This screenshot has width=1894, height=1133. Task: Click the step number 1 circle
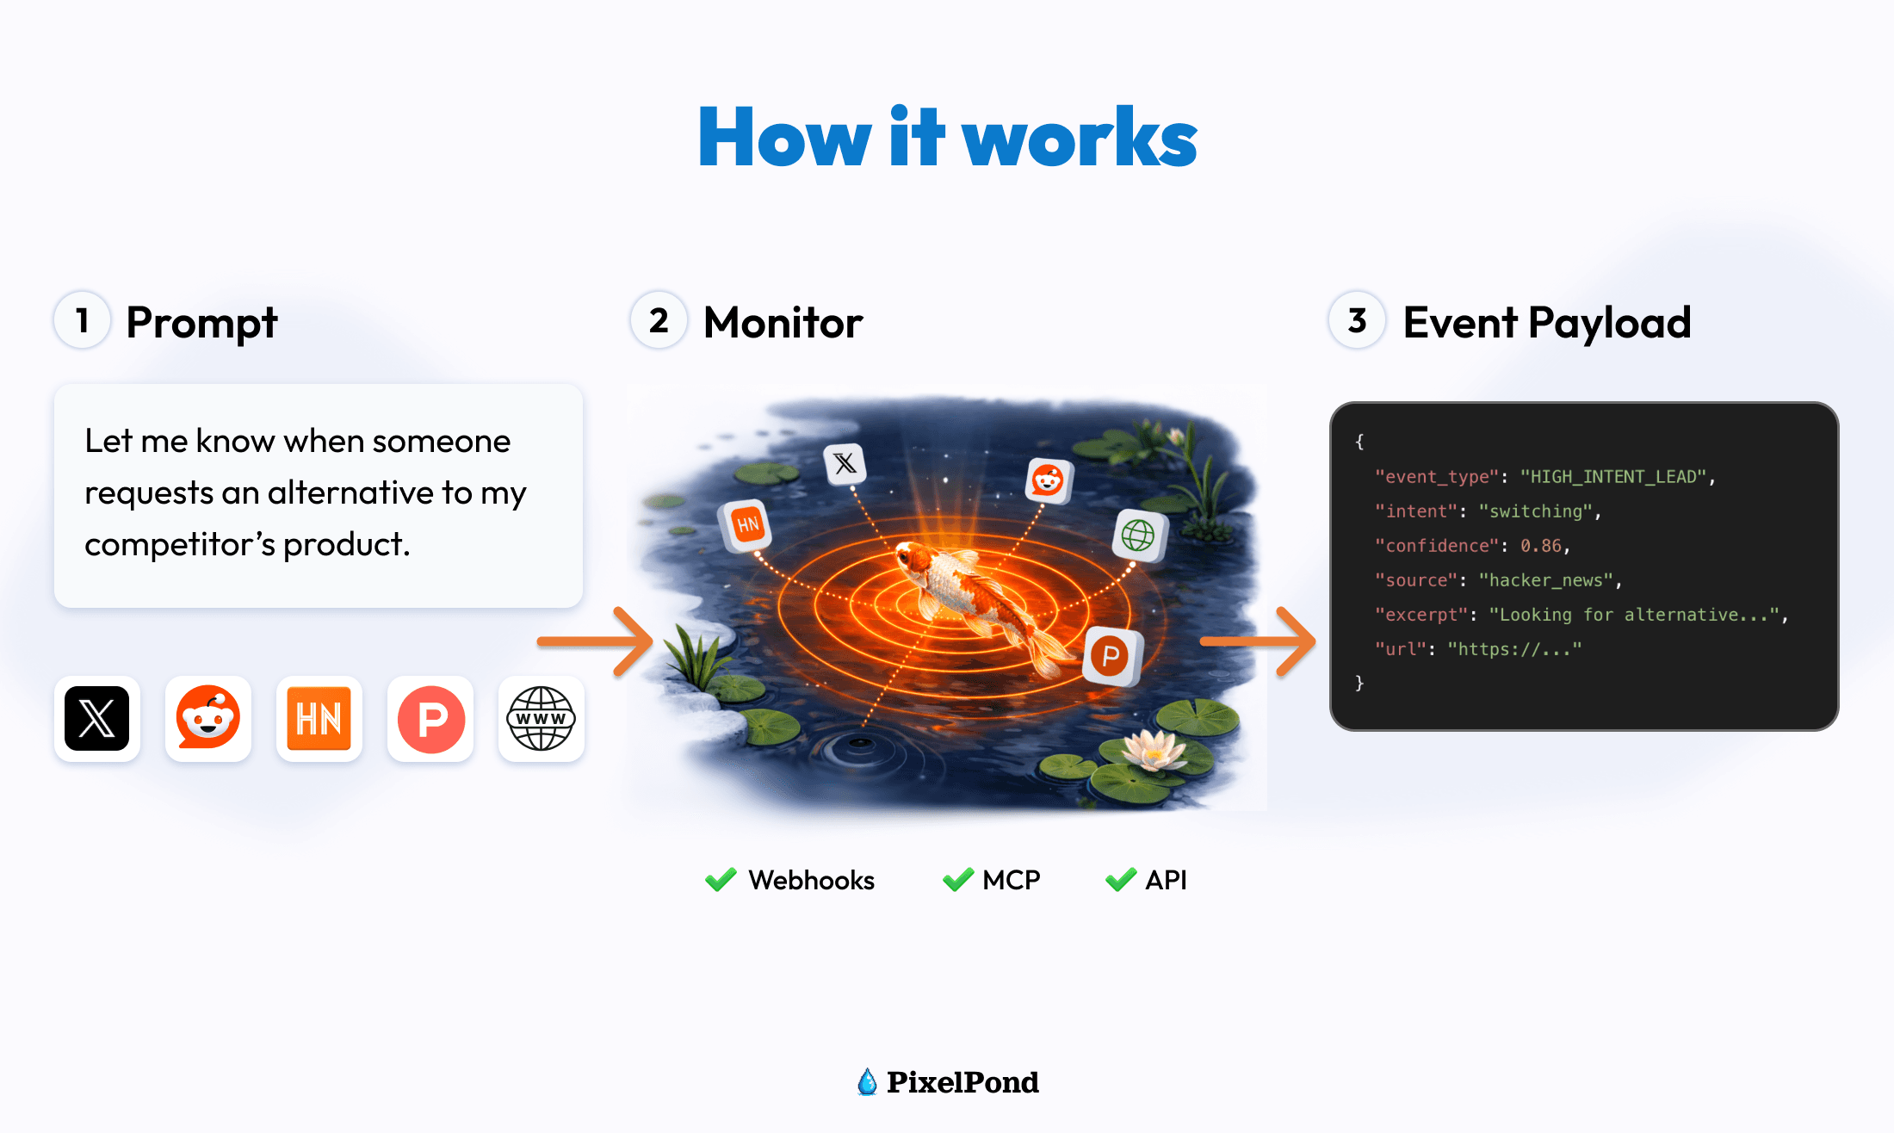83,320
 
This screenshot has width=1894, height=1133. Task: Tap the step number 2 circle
659,320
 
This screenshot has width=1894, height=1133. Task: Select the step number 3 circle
1357,320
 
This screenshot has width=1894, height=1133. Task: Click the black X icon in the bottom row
97,719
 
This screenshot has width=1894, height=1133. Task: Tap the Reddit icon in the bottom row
208,719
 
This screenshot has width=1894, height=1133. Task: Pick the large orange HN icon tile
319,719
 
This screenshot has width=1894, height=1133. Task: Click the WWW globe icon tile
542,719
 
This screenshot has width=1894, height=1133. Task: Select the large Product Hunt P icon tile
430,719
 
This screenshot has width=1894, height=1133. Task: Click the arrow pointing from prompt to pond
594,641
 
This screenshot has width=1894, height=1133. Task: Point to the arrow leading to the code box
1257,641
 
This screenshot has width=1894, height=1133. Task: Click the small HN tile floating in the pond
746,524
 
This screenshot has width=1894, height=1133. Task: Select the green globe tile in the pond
1139,536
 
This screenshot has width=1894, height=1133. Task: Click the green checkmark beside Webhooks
721,880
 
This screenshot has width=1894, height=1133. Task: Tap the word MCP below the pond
1012,880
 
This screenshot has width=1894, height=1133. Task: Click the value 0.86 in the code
1540,546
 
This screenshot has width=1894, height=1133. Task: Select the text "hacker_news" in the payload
1545,580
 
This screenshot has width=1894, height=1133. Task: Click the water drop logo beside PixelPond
867,1082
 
